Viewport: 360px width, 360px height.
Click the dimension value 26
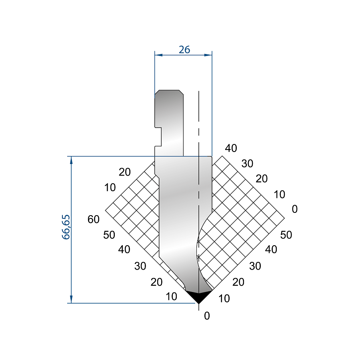(184, 50)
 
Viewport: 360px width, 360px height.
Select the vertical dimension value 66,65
(66, 227)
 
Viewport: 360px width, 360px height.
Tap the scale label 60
(94, 219)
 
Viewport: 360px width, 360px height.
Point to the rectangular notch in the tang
(158, 137)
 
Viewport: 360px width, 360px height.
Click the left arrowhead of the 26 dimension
(158, 55)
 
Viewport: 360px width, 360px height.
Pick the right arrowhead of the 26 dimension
(208, 55)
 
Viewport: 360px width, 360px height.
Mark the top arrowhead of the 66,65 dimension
(71, 160)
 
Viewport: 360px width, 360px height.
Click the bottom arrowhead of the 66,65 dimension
(71, 299)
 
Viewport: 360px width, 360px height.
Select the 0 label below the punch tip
(207, 316)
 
